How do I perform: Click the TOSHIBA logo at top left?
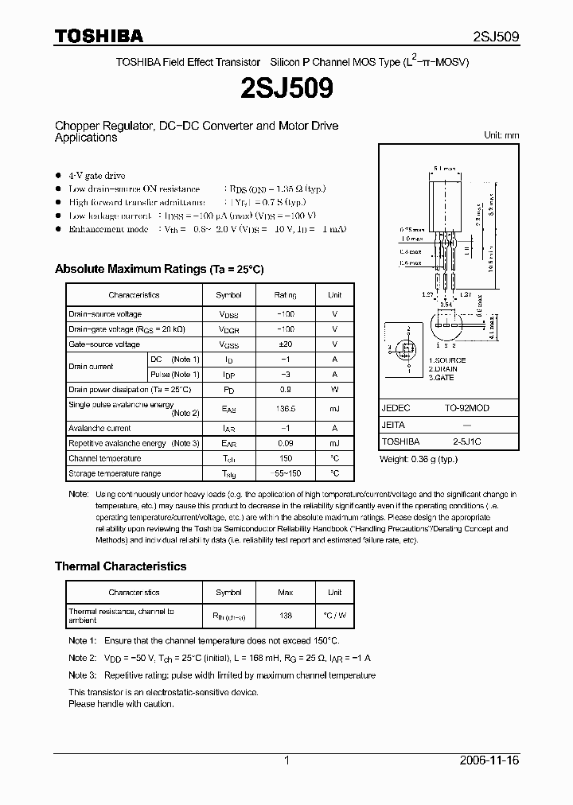[x=99, y=36]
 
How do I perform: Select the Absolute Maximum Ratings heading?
[x=158, y=269]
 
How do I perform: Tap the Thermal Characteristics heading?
[x=120, y=566]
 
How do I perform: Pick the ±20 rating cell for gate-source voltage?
[x=285, y=344]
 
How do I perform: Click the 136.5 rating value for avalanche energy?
[x=285, y=409]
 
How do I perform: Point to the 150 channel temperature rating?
[x=285, y=458]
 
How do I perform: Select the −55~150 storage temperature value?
[x=285, y=473]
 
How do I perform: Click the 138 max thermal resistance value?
[x=285, y=616]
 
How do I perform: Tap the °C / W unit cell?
[x=334, y=616]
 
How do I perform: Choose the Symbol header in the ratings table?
[x=228, y=295]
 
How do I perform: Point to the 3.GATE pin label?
[x=442, y=378]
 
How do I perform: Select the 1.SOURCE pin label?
[x=447, y=360]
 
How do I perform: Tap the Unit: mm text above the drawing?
[x=501, y=135]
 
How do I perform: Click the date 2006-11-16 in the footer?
[x=490, y=760]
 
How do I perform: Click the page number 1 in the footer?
[x=286, y=760]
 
